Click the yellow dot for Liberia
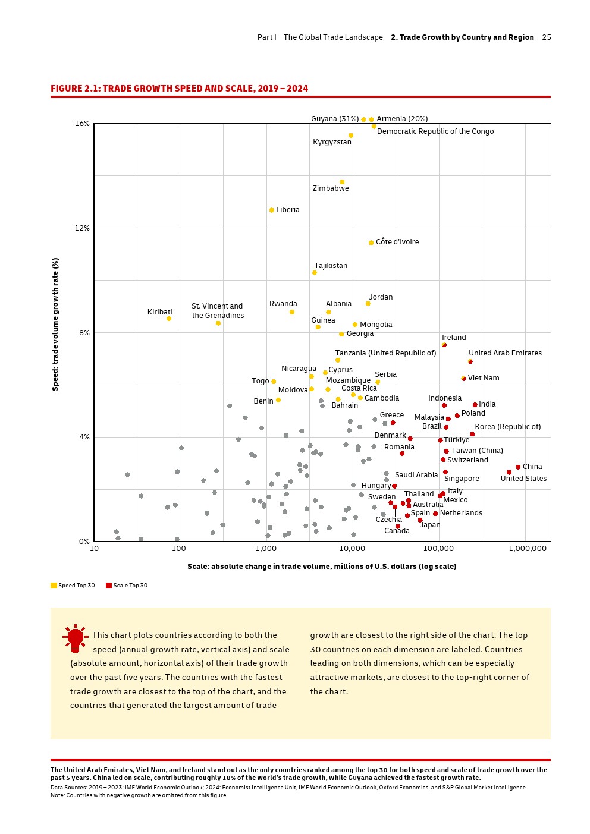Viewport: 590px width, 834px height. [272, 210]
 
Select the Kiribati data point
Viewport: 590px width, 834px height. [169, 319]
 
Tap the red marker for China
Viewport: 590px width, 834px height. [518, 467]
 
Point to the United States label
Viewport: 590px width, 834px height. [523, 479]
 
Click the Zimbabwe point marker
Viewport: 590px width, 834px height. [342, 182]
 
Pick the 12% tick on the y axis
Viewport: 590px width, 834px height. [82, 228]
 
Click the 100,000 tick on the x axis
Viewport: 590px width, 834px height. [439, 549]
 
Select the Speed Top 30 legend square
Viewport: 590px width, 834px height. [54, 586]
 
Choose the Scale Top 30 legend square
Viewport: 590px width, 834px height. [109, 586]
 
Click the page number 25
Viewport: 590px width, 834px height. [547, 37]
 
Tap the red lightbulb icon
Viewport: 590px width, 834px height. [76, 638]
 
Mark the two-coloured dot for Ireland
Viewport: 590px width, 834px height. [444, 345]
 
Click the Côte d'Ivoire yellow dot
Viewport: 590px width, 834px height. [371, 243]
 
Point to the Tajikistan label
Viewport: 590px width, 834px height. [331, 266]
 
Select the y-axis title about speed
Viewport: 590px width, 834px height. [56, 324]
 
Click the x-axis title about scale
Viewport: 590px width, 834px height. [322, 567]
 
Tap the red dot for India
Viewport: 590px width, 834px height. [475, 405]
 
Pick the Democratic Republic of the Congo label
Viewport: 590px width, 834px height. [435, 131]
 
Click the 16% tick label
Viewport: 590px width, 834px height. [82, 124]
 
